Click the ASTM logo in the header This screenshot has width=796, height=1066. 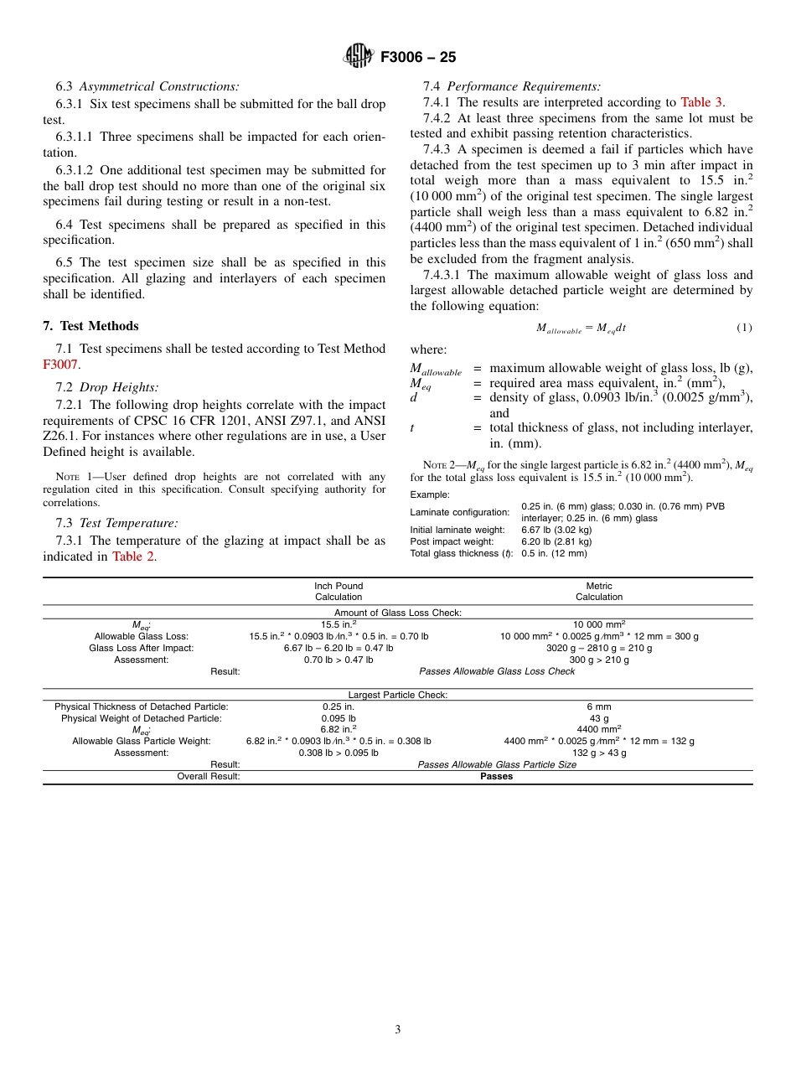(359, 57)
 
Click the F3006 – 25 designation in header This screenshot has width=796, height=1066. (418, 58)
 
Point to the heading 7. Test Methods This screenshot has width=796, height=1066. (90, 326)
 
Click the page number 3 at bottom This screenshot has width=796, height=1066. (398, 1030)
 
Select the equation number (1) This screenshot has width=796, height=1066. (744, 328)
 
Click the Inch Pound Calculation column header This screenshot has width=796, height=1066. (339, 592)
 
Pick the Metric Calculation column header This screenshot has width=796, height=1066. (599, 592)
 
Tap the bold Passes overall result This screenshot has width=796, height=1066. (496, 776)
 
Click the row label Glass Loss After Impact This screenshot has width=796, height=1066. (141, 648)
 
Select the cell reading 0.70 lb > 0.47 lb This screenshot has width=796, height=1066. (339, 660)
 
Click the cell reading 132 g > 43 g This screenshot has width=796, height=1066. (599, 753)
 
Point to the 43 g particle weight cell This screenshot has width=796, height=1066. (599, 718)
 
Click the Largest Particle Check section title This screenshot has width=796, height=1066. (398, 695)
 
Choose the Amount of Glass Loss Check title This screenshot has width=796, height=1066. (398, 613)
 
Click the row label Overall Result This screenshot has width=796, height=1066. (208, 776)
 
